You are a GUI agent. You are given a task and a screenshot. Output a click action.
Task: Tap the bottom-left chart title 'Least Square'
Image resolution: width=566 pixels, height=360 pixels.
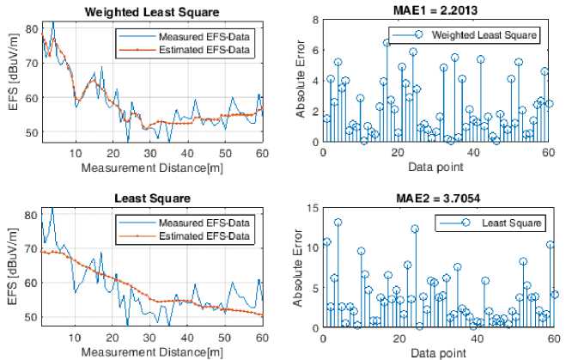point(152,198)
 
